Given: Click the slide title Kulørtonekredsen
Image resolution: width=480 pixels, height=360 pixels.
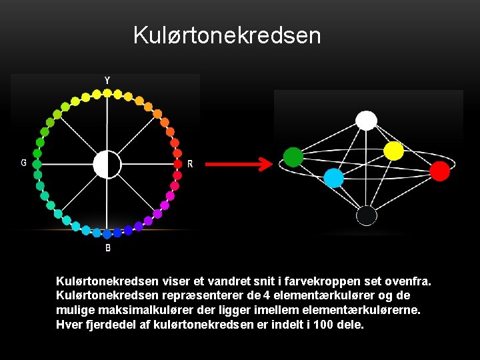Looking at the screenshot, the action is point(227,35).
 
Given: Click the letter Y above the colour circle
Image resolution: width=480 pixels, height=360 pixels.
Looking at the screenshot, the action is point(107,81).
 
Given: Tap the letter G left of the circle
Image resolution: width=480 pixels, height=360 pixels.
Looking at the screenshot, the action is point(24,163).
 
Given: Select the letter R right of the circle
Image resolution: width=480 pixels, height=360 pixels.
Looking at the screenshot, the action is point(190,164).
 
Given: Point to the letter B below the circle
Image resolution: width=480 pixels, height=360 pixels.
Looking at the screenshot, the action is point(108,247).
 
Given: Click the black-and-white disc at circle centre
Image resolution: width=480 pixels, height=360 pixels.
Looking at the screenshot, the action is point(107,164).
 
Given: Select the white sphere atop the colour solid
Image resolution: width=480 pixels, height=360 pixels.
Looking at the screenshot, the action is point(366,120).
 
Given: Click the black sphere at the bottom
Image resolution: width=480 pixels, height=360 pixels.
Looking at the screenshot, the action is point(366,215).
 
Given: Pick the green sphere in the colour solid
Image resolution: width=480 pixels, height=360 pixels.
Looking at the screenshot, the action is point(293,157).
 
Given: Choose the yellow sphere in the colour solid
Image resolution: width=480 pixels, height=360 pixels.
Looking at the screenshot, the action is point(394,151).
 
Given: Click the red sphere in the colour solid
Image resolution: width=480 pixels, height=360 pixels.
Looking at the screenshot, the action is point(439,171).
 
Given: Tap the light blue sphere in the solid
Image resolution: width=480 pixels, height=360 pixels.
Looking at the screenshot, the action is point(333,178).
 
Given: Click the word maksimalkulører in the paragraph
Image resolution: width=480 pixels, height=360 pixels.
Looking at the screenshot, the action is point(134,310).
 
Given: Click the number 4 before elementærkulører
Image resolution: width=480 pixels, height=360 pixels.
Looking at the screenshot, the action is point(267,295).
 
